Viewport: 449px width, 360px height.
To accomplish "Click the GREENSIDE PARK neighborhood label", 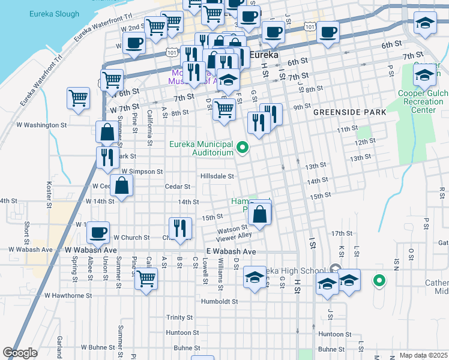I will pyautogui.click(x=343, y=112).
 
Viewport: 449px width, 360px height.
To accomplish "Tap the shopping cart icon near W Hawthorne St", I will pyautogui.click(x=146, y=279).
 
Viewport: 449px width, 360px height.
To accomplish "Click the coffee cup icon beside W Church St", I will pyautogui.click(x=98, y=232).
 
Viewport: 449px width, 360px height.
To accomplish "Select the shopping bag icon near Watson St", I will pyautogui.click(x=260, y=214).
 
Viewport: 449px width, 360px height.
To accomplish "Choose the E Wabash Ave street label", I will pyautogui.click(x=231, y=251).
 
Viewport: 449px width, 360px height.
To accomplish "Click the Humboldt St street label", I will pyautogui.click(x=220, y=301).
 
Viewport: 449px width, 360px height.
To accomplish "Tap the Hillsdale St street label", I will pyautogui.click(x=217, y=176).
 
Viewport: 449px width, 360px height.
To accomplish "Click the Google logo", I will pyautogui.click(x=20, y=353).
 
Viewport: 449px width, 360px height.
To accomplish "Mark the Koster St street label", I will pyautogui.click(x=47, y=190).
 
